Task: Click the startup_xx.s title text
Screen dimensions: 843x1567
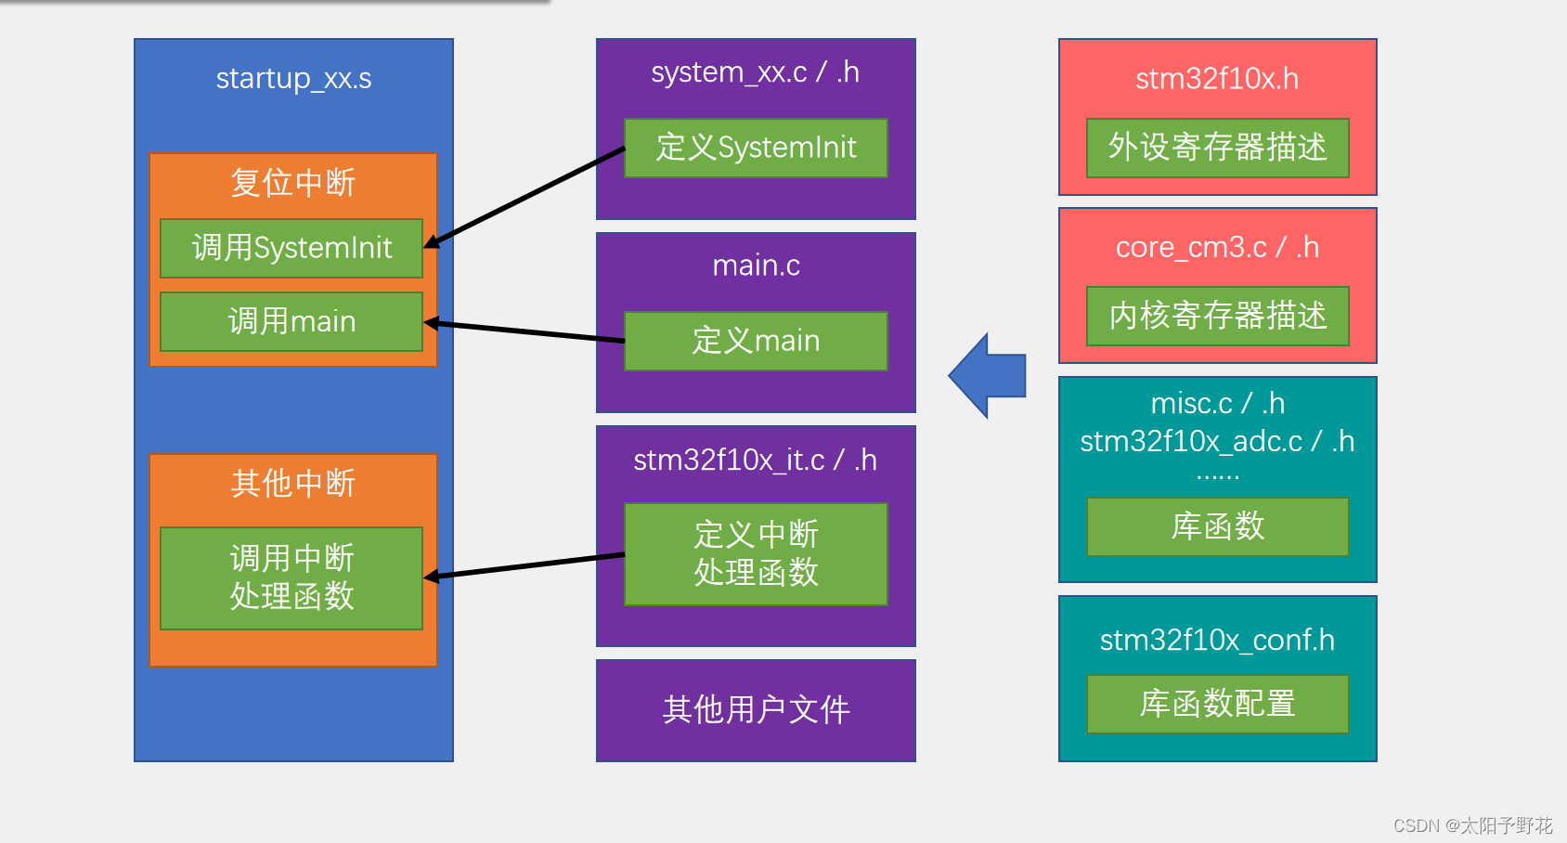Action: [293, 78]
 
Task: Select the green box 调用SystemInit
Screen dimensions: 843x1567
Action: [291, 248]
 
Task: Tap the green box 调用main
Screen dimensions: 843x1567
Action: [291, 321]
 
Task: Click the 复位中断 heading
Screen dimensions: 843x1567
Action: [293, 182]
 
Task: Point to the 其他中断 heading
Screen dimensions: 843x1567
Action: [293, 483]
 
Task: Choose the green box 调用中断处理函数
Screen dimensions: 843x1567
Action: [291, 577]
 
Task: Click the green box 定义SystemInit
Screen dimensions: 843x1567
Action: [756, 148]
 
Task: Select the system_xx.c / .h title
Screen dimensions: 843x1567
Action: [755, 72]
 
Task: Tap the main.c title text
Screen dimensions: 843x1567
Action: [756, 266]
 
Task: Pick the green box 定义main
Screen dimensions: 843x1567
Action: [756, 341]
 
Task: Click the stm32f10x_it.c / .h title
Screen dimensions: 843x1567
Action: [755, 460]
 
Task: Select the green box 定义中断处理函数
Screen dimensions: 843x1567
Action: [756, 553]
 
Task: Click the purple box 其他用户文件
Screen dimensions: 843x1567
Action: [756, 710]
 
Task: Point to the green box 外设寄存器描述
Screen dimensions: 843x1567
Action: [1217, 148]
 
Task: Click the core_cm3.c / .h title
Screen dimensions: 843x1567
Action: [1217, 247]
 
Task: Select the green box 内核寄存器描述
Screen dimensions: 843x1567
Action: [1217, 316]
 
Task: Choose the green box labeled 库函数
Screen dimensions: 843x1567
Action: [1217, 526]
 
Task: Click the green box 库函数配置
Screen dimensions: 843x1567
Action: [1217, 704]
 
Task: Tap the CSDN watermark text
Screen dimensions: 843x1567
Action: [1472, 825]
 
